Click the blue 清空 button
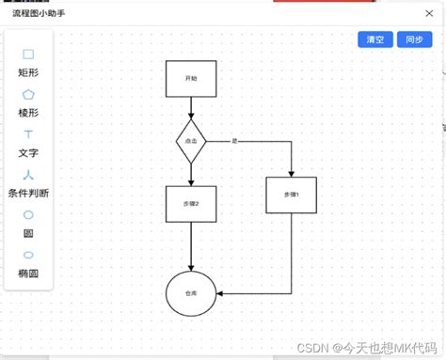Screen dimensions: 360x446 [374, 39]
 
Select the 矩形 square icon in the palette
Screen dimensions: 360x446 [28, 55]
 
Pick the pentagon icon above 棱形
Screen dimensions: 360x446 [28, 95]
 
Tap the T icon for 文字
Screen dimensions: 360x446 [28, 135]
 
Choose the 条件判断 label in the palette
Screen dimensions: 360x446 [28, 193]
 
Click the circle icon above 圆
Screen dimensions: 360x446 [28, 215]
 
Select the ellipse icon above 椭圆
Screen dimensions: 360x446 [28, 255]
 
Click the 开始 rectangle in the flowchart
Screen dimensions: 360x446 [191, 79]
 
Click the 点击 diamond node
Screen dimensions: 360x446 [191, 140]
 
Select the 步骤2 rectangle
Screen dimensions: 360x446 [191, 203]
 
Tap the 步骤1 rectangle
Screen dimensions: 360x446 [291, 195]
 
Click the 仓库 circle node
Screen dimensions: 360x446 [191, 293]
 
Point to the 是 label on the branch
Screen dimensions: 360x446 [234, 140]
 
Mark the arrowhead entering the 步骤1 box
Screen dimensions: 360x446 [291, 173]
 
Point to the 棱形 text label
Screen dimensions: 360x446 [28, 113]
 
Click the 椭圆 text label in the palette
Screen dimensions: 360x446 [28, 273]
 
